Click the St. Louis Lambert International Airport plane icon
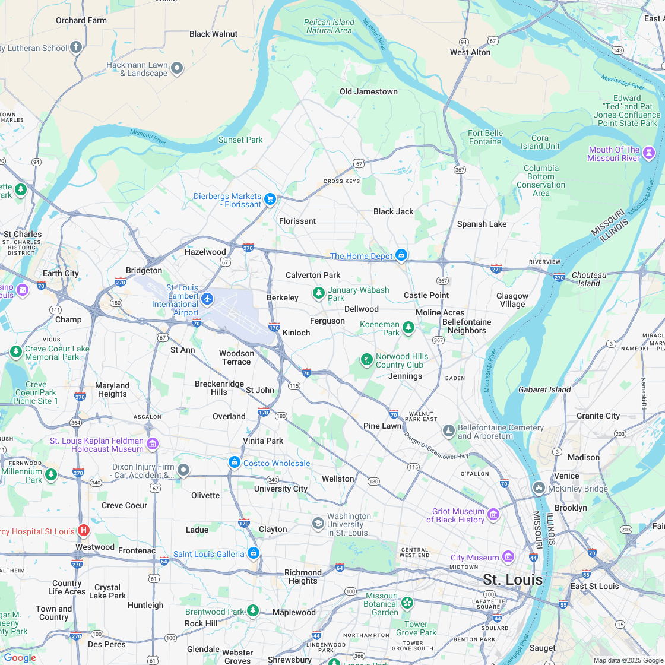(x=207, y=298)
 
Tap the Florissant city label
(x=297, y=221)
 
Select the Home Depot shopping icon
(x=401, y=255)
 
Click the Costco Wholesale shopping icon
(x=235, y=462)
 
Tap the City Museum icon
(x=508, y=556)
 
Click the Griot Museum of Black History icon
(x=493, y=514)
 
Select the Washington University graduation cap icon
(x=318, y=523)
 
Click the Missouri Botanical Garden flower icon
(x=407, y=603)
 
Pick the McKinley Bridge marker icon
(x=539, y=488)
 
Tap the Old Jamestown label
(x=368, y=91)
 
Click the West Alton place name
(x=470, y=52)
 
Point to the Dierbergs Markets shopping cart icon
(x=270, y=199)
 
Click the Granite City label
(x=598, y=416)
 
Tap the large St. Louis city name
(x=512, y=579)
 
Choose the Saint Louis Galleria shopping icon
(x=254, y=553)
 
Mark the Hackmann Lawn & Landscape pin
(x=176, y=68)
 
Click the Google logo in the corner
(x=20, y=657)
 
